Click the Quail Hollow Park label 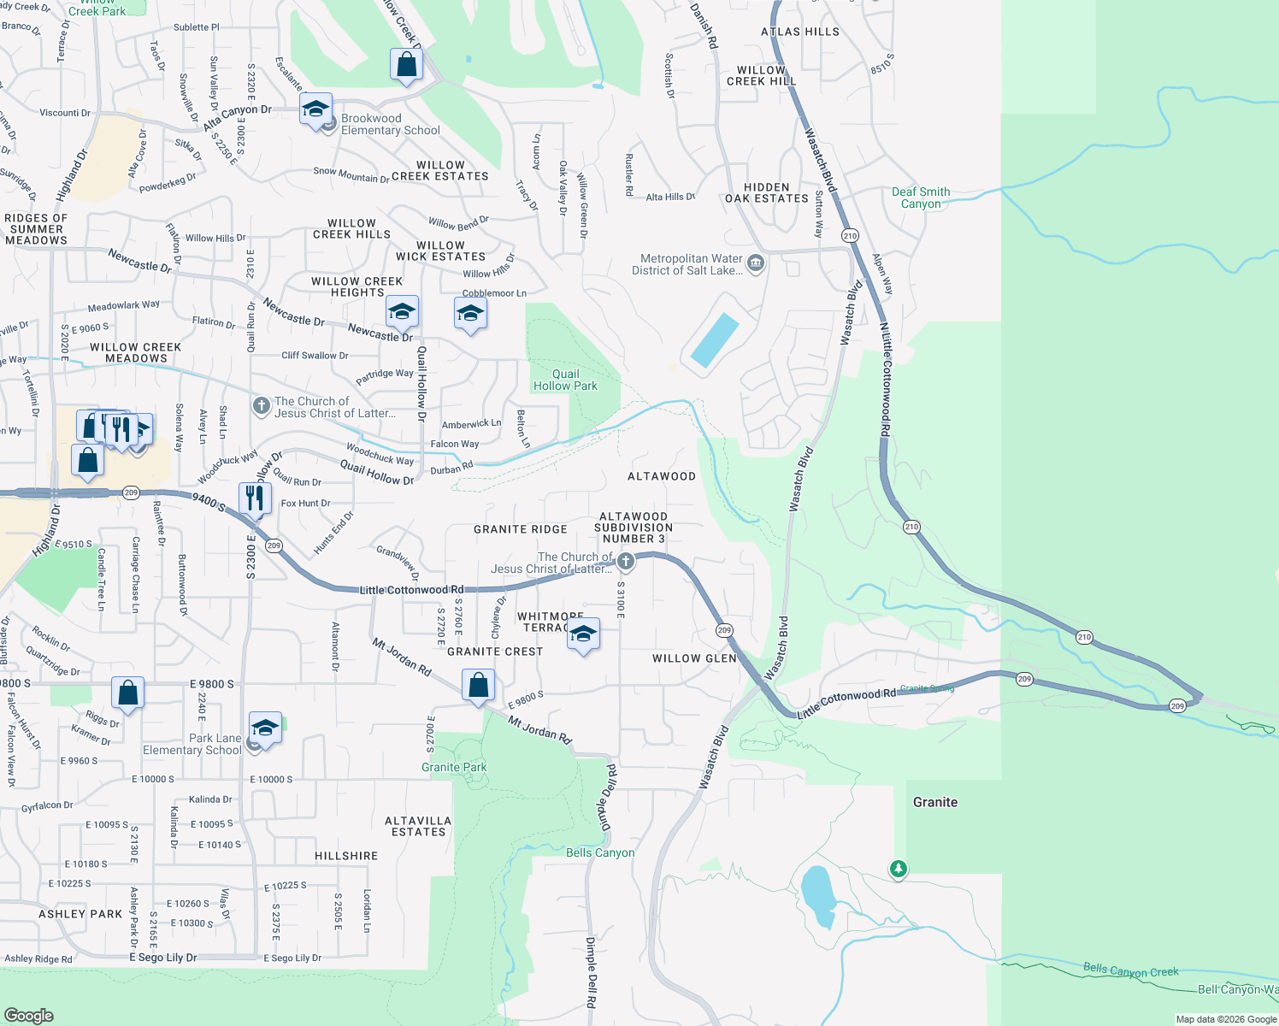click(x=565, y=380)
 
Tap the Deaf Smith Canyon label click(x=921, y=198)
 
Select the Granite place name click(x=934, y=802)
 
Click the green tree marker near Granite click(x=898, y=870)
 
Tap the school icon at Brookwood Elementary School click(x=315, y=109)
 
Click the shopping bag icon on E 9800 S click(x=127, y=693)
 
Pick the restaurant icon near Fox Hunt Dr click(x=255, y=498)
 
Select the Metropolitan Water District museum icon click(x=756, y=263)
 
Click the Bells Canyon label click(x=600, y=852)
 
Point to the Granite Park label click(x=454, y=767)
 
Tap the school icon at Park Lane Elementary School click(x=265, y=728)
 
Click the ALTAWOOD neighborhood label click(x=662, y=476)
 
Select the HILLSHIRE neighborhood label click(x=346, y=856)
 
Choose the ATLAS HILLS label click(x=800, y=32)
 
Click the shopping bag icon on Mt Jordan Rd click(x=479, y=686)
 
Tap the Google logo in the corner click(x=28, y=1015)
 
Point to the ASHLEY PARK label click(x=80, y=914)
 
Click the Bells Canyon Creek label click(x=1130, y=970)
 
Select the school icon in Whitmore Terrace click(x=583, y=634)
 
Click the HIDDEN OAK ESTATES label click(x=767, y=192)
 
